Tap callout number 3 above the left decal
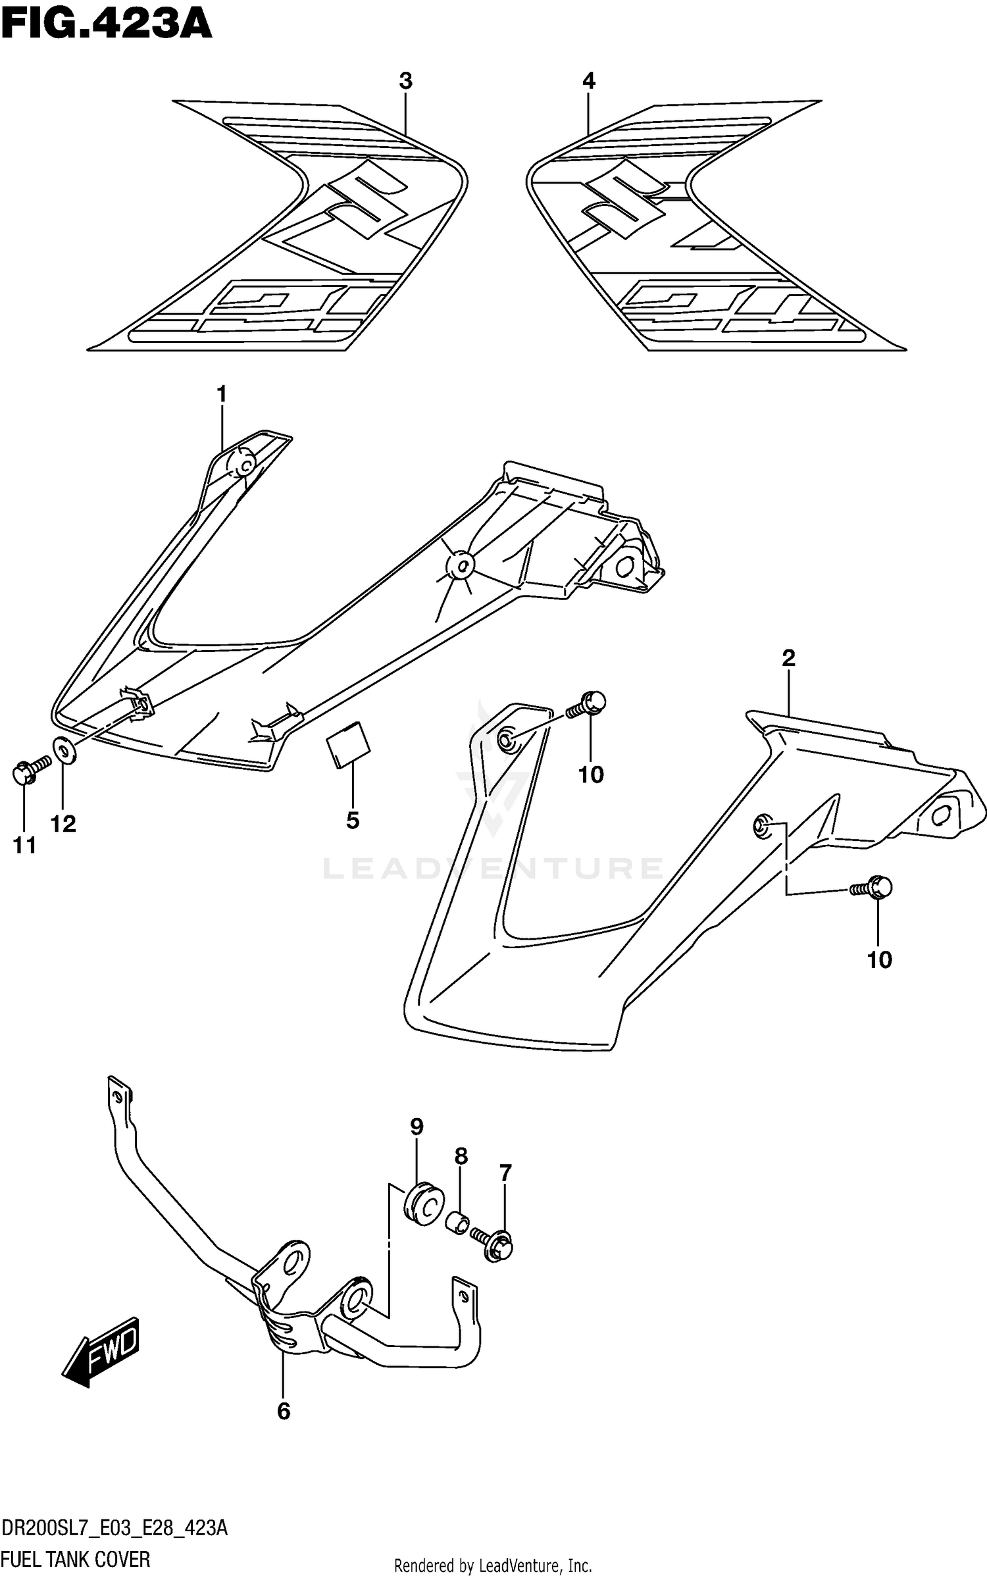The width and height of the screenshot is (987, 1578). (405, 82)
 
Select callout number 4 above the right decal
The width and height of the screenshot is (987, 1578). (588, 82)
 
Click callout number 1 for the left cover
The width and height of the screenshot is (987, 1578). (222, 395)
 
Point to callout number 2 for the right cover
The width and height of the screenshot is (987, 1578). (788, 657)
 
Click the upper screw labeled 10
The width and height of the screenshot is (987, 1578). (588, 705)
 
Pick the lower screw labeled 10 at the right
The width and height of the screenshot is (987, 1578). (874, 887)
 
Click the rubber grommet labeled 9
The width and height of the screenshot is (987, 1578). (423, 1206)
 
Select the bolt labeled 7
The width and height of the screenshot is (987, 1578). (495, 1244)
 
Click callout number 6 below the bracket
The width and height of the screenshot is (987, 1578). (283, 1411)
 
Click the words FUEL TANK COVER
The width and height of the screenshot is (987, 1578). (76, 1560)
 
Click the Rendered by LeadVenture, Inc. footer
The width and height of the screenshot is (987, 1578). (493, 1565)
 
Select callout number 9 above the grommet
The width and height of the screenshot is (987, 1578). (416, 1146)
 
